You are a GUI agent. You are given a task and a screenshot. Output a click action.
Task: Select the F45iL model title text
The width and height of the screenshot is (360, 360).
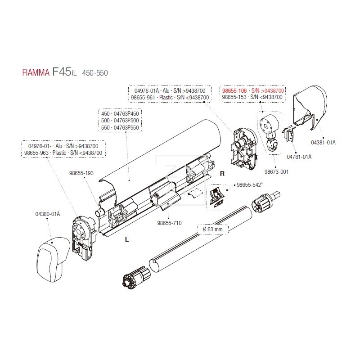coord(70,72)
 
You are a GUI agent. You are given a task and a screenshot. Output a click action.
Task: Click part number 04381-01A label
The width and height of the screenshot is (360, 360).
coord(323,142)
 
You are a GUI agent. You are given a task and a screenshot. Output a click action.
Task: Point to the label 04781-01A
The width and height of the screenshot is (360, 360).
coord(299,157)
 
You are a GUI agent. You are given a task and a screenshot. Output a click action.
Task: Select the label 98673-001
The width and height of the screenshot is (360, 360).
coord(276,172)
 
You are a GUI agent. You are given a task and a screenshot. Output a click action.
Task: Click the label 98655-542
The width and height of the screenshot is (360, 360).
coord(250,185)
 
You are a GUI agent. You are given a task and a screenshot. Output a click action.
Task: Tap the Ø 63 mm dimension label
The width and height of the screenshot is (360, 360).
coord(214,229)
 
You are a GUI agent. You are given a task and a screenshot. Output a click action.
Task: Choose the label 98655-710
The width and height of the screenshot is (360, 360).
coord(169,223)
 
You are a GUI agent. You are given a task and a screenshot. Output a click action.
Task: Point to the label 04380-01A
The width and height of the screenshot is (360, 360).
coord(48,213)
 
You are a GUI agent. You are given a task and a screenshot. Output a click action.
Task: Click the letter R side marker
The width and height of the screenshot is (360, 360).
coord(222,173)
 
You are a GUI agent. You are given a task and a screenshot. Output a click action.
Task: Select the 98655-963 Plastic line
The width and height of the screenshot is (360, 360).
coord(66,153)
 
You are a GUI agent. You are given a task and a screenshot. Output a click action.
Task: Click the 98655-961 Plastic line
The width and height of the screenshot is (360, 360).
coord(169,98)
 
